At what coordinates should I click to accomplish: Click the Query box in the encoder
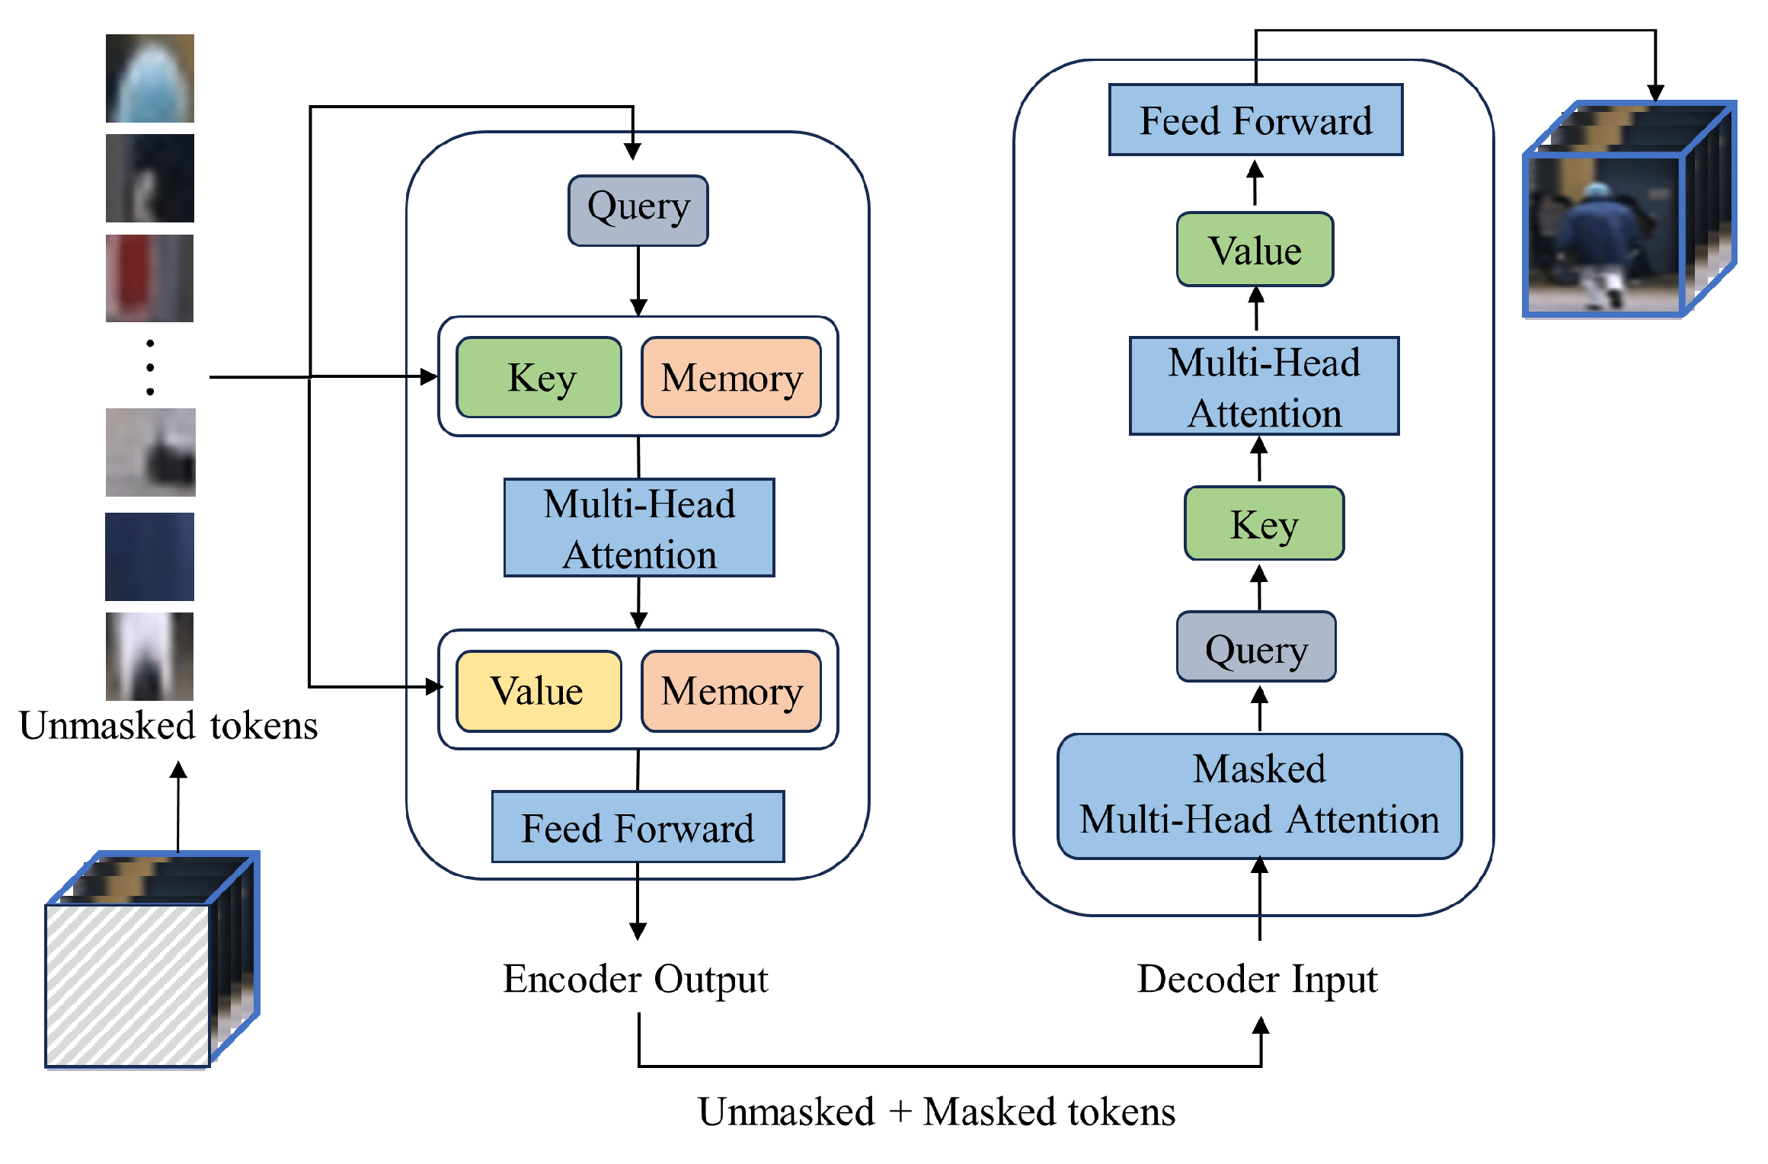[638, 210]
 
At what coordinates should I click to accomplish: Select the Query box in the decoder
[1256, 647]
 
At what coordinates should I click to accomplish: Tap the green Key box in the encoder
[539, 378]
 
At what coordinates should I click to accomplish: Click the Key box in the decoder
[1264, 523]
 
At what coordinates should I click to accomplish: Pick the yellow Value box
[539, 691]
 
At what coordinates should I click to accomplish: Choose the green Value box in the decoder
[1255, 250]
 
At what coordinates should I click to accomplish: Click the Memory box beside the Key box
[731, 378]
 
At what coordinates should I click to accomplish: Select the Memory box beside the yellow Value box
[731, 691]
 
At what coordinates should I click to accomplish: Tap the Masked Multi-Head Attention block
[1259, 795]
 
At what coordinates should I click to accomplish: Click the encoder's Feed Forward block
[638, 827]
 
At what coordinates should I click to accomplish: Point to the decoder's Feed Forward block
[1255, 120]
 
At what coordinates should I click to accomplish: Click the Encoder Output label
[635, 979]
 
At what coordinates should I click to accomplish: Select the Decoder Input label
[1257, 979]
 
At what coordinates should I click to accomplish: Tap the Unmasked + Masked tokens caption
[936, 1111]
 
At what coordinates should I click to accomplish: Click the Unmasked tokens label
[168, 725]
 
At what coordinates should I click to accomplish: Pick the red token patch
[149, 278]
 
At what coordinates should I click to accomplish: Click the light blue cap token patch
[149, 78]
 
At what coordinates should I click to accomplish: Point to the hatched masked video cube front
[127, 986]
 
